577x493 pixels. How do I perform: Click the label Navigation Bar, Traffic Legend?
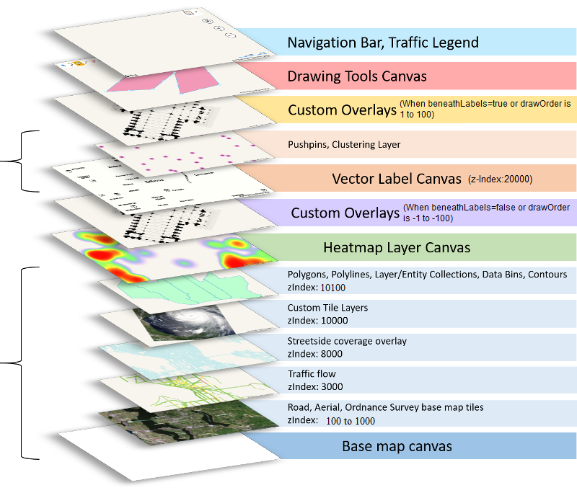(382, 43)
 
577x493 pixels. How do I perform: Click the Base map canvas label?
(397, 446)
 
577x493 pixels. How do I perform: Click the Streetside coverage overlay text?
(347, 341)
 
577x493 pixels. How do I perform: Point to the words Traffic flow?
(311, 374)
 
